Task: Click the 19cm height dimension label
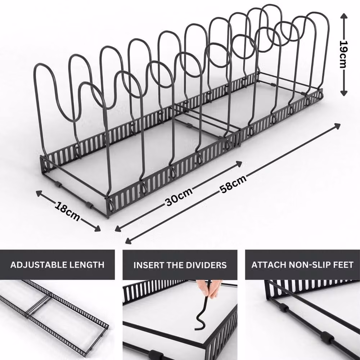[343, 54]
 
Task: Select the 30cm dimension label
[179, 197]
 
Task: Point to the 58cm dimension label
[233, 184]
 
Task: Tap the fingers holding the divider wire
[211, 288]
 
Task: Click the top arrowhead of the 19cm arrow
[343, 16]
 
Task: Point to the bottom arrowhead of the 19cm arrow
[343, 93]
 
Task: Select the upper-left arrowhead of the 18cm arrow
[39, 193]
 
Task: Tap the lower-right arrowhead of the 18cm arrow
[98, 229]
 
